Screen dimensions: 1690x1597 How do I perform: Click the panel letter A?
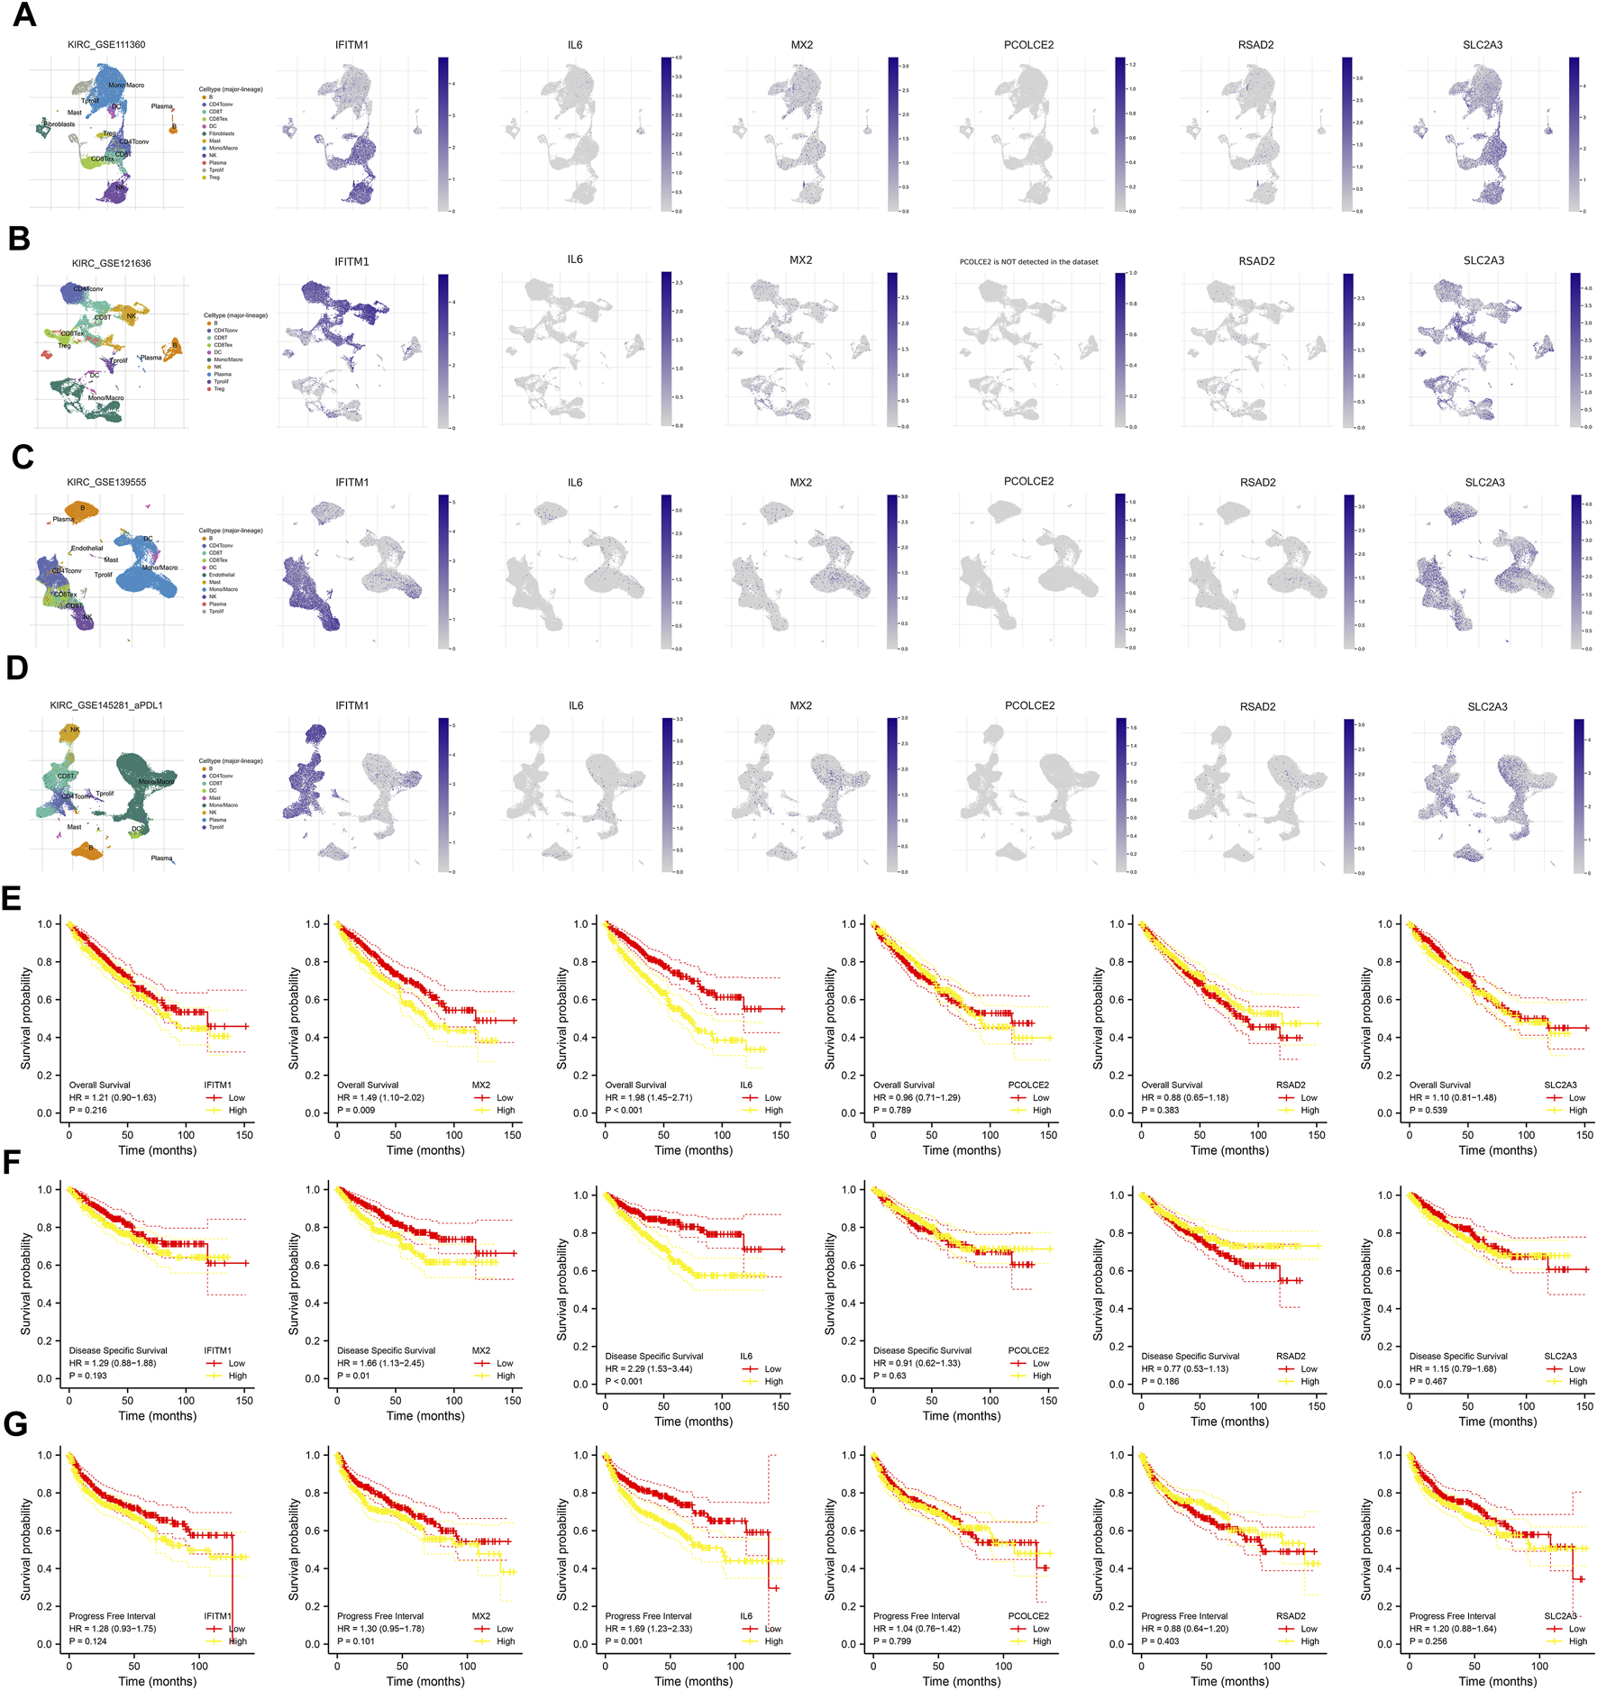24,15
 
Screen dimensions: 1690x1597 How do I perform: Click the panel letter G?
15,1424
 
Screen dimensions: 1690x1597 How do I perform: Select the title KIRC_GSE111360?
106,45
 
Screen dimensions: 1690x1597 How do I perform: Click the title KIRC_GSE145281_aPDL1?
106,705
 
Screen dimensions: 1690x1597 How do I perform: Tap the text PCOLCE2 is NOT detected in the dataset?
1028,262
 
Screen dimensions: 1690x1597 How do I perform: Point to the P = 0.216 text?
88,1111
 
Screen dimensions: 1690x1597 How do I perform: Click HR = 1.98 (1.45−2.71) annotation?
648,1098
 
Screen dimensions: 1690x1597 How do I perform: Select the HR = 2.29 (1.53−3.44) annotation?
648,1368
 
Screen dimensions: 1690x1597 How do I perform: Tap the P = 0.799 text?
892,1641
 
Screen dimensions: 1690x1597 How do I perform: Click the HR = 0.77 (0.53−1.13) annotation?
1185,1368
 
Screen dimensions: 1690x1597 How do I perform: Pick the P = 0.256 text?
1428,1641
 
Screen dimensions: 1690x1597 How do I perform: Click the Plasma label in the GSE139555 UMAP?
63,519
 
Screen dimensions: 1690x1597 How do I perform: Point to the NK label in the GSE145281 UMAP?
75,730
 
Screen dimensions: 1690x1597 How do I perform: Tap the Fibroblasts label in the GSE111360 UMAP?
59,124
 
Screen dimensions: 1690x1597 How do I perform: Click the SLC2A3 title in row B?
1483,260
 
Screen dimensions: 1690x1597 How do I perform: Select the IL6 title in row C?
575,482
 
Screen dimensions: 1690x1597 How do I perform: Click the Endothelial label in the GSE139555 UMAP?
87,548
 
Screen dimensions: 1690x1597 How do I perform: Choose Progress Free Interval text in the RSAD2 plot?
1184,1616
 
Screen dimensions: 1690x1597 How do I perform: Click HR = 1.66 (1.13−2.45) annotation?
380,1363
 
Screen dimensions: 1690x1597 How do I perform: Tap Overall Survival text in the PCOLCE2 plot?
904,1086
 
